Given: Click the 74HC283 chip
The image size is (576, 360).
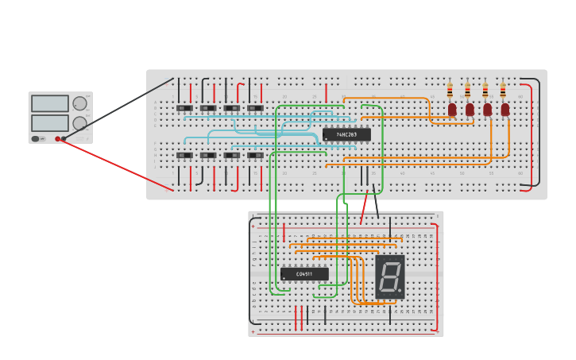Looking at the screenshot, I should click(346, 134).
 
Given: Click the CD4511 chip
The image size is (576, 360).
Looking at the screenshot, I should click(304, 274).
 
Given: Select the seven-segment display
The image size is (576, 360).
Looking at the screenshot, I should click(389, 277).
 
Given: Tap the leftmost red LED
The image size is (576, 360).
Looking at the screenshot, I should click(452, 110).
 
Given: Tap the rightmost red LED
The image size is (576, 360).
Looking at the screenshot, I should click(505, 110).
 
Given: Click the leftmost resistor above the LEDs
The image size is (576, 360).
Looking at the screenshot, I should click(450, 91).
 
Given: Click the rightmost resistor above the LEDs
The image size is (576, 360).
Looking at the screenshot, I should click(502, 91).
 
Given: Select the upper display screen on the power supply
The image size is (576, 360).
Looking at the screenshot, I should click(50, 103).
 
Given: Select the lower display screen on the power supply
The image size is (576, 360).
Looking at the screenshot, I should click(50, 123).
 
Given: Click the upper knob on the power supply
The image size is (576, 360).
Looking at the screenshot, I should click(79, 103).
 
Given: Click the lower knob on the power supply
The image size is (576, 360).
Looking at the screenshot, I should click(79, 123).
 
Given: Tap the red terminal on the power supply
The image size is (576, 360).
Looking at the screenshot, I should click(58, 138).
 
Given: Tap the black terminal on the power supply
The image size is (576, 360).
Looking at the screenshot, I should click(64, 138).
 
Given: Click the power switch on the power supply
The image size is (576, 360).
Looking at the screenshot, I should click(36, 138).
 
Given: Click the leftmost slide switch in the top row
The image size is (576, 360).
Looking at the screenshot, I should click(184, 108).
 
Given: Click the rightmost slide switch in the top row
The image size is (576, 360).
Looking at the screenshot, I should click(255, 108).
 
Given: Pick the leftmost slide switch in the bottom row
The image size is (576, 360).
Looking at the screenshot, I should click(184, 155).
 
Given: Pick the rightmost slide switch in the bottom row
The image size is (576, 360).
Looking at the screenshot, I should click(255, 155).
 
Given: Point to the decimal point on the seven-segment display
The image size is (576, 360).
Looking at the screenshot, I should click(400, 291).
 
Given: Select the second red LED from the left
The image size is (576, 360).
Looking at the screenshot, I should click(470, 110).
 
